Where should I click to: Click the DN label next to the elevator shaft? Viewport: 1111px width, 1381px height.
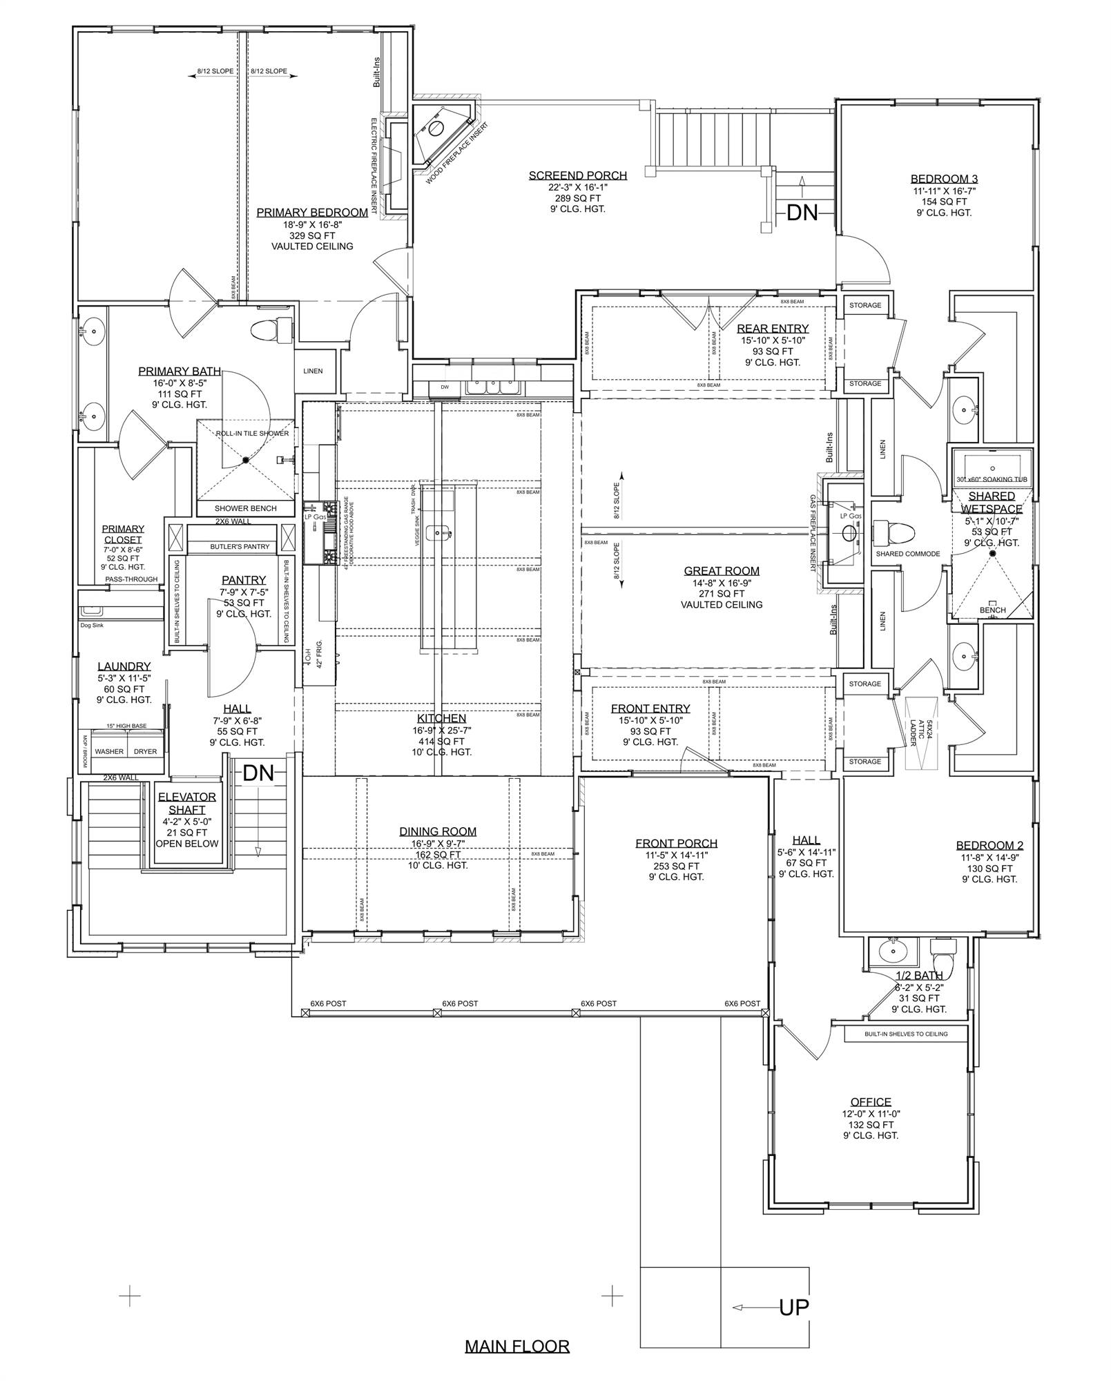258,773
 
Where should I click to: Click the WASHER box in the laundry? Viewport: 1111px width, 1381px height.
109,751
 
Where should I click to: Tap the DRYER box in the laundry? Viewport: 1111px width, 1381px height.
145,751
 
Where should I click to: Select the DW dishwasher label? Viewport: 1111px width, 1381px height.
445,387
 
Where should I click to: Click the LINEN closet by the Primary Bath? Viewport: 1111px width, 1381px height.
313,371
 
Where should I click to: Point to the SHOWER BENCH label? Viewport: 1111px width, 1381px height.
245,508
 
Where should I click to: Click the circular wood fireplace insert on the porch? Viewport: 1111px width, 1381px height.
436,128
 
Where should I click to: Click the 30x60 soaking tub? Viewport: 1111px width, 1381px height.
992,467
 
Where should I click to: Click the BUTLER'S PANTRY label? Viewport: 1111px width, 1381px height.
240,547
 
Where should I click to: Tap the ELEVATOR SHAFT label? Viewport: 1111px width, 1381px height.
187,803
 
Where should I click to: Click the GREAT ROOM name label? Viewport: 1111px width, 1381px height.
722,571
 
